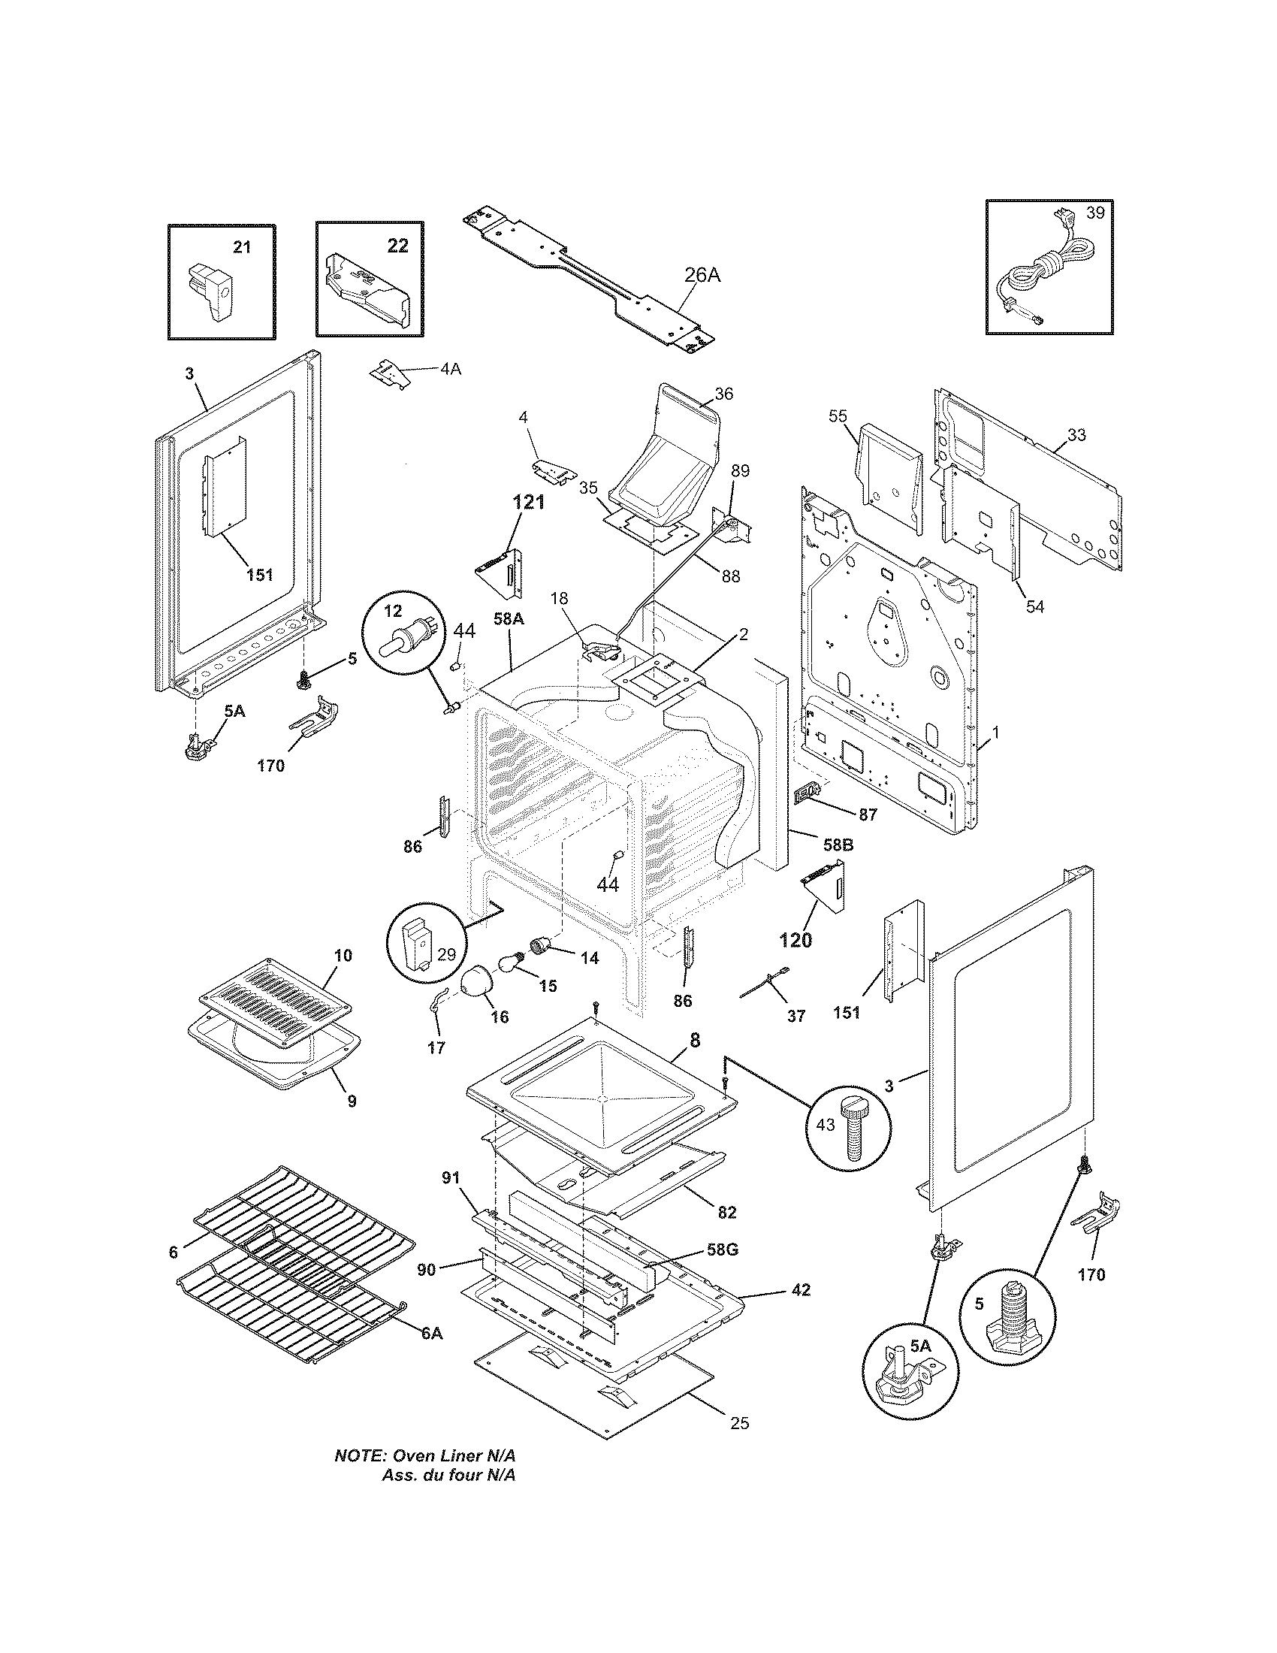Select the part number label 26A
[x=702, y=276]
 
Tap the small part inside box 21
[x=211, y=292]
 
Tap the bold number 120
[x=795, y=940]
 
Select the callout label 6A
[x=431, y=1354]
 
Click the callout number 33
[x=1076, y=434]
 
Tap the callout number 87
[x=867, y=814]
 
